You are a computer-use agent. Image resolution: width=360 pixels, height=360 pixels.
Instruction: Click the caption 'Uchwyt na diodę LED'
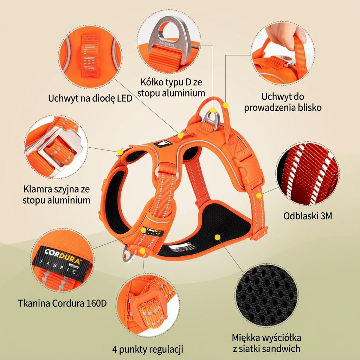pyautogui.click(x=90, y=98)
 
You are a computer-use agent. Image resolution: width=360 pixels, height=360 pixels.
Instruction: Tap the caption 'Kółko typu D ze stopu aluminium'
pyautogui.click(x=171, y=88)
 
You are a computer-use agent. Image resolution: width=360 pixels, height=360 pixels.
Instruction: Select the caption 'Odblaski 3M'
pyautogui.click(x=308, y=216)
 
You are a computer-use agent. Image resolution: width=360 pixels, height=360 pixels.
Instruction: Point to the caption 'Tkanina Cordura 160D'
pyautogui.click(x=63, y=303)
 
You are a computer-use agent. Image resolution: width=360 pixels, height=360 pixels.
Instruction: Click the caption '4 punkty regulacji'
pyautogui.click(x=148, y=349)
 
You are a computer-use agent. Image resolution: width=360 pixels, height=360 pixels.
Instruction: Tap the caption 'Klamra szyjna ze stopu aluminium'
pyautogui.click(x=57, y=194)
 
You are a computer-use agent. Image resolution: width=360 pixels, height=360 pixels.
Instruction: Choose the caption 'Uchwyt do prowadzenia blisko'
pyautogui.click(x=283, y=102)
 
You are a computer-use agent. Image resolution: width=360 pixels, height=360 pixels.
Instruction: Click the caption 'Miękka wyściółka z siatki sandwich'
pyautogui.click(x=266, y=343)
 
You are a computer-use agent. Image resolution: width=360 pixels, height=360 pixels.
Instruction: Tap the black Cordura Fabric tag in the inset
pyautogui.click(x=61, y=261)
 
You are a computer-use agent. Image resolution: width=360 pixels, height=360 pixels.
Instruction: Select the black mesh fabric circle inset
pyautogui.click(x=266, y=295)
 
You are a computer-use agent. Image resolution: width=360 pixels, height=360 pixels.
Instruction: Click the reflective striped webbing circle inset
pyautogui.click(x=308, y=173)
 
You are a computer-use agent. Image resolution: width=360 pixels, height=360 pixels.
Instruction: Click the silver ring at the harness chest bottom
pyautogui.click(x=127, y=255)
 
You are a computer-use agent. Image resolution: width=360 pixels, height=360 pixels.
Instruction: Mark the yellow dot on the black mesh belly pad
pyautogui.click(x=218, y=237)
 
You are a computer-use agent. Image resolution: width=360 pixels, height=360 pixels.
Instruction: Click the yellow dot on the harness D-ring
pyautogui.click(x=213, y=110)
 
